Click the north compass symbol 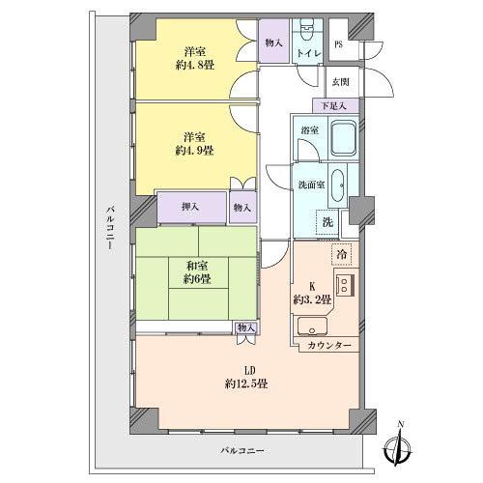[400, 447]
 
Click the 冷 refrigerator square [341, 254]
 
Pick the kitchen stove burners [345, 287]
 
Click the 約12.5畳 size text [248, 384]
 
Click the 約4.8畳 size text [196, 67]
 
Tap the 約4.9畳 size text [196, 151]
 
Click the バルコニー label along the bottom [240, 451]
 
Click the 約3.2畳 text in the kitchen [312, 298]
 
